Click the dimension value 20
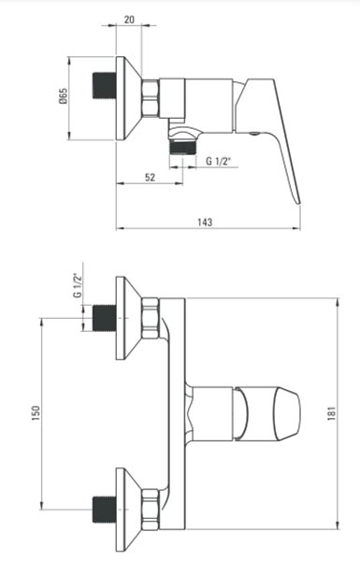pyautogui.click(x=129, y=20)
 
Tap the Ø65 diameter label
pyautogui.click(x=63, y=96)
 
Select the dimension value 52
pyautogui.click(x=151, y=177)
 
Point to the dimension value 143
pyautogui.click(x=205, y=222)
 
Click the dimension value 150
pyautogui.click(x=36, y=413)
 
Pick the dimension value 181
pyautogui.click(x=332, y=413)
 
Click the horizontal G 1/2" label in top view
pyautogui.click(x=218, y=162)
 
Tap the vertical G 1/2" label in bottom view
pyautogui.click(x=78, y=285)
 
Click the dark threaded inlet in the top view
pyautogui.click(x=105, y=85)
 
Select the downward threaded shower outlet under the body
pyautogui.click(x=182, y=147)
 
